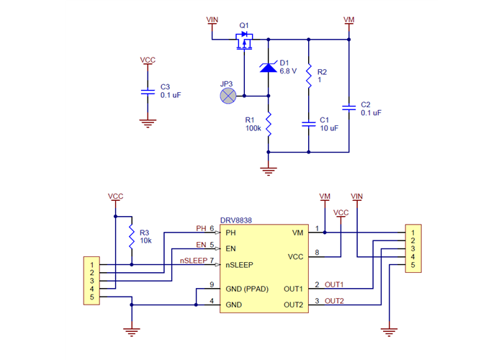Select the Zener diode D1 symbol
(x=268, y=68)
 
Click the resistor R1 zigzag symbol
(x=268, y=126)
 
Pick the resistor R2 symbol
(x=308, y=74)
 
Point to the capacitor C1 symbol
(x=308, y=123)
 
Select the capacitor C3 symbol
(x=148, y=91)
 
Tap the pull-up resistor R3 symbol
(x=131, y=237)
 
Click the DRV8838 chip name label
(x=235, y=220)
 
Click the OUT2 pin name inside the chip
(x=293, y=305)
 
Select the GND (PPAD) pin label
(x=246, y=289)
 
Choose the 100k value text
(x=253, y=127)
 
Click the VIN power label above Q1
(x=212, y=19)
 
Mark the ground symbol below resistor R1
(x=268, y=171)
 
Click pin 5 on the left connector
(x=92, y=297)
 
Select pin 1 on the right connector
(x=413, y=233)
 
